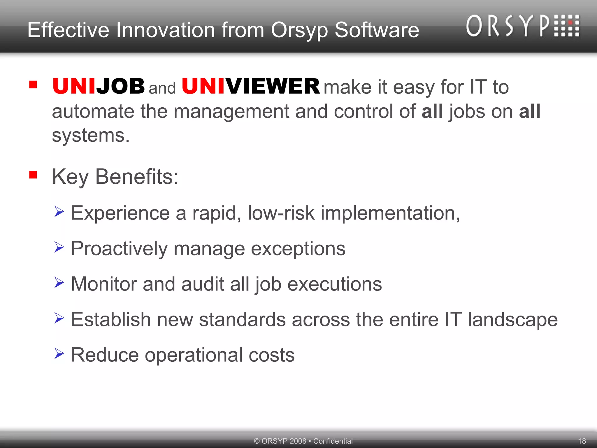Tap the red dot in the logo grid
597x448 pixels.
point(570,22)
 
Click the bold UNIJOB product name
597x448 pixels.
point(99,86)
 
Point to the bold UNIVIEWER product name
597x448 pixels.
point(251,86)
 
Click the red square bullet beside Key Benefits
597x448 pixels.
point(33,175)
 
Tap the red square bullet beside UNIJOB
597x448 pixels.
point(33,85)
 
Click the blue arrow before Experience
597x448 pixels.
point(59,211)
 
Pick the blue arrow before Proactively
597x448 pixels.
point(59,247)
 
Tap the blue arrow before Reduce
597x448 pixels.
point(59,353)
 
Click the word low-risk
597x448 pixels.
point(281,213)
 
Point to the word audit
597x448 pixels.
point(203,284)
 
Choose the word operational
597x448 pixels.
point(194,355)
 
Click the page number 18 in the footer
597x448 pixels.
point(582,441)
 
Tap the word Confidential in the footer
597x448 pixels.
point(333,441)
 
